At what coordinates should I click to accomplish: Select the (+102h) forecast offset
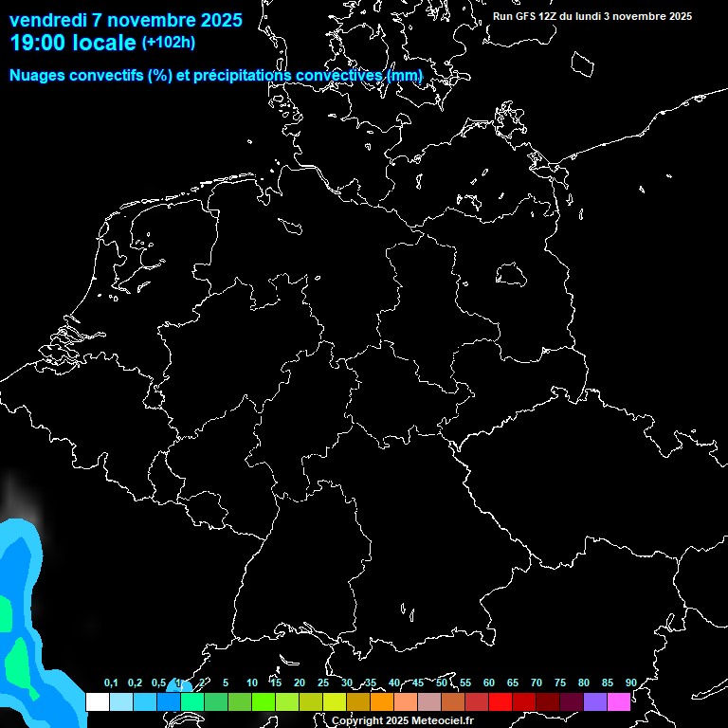(169, 43)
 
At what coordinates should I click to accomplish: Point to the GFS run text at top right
(592, 16)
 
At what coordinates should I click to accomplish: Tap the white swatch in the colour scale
(97, 701)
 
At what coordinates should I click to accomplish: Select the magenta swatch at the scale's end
(619, 701)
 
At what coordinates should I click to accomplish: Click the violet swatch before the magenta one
(595, 701)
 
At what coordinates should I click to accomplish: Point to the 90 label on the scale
(630, 682)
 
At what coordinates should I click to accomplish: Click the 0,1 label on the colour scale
(111, 682)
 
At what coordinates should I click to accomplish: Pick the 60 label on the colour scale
(488, 682)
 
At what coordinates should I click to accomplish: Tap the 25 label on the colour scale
(322, 682)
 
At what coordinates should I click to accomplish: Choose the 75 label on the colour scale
(559, 682)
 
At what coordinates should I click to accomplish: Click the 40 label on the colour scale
(393, 682)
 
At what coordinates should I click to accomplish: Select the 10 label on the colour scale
(251, 682)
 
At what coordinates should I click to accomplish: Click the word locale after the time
(105, 43)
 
